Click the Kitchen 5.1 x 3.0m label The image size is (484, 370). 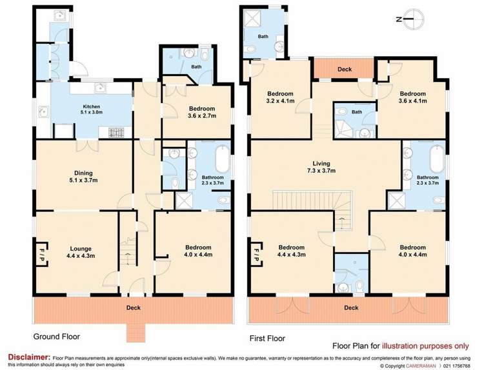point(92,109)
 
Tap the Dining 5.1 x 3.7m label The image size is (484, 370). point(83,177)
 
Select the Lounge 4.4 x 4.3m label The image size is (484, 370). point(81,252)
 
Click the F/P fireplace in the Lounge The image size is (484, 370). point(42,252)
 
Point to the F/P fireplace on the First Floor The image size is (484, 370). point(256,252)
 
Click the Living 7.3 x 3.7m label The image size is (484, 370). point(321,167)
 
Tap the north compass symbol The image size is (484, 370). point(410,19)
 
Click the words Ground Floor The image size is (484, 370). point(57,336)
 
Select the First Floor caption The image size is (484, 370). point(267,338)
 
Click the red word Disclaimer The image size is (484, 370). point(29,357)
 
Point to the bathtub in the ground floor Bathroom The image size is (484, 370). point(223,159)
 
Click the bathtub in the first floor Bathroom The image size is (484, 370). point(437,159)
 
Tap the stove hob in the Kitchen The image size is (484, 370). point(116,133)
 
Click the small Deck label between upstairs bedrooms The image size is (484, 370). point(345,69)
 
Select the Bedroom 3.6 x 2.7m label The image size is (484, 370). point(202,112)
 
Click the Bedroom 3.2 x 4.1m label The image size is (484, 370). point(280,97)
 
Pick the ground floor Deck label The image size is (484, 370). point(134,307)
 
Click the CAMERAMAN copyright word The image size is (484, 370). point(421,366)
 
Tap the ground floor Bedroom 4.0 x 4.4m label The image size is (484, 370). point(198,251)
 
